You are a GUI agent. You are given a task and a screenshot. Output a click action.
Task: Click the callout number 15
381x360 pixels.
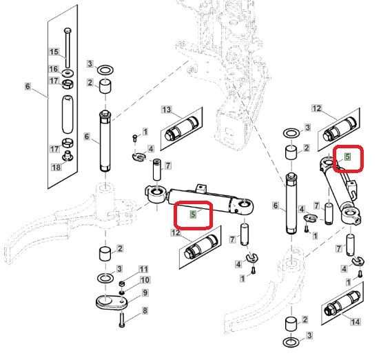coord(54,52)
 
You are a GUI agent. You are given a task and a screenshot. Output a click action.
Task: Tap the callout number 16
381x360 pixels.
coord(54,69)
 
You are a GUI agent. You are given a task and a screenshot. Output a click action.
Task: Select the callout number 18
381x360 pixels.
coord(56,167)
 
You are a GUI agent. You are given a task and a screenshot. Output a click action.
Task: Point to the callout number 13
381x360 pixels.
coord(167,110)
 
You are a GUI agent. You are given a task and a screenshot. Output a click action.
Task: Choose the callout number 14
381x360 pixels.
coord(355,322)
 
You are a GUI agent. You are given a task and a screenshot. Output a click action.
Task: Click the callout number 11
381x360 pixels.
coord(143,269)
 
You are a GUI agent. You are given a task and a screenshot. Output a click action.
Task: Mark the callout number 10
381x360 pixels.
coord(145,280)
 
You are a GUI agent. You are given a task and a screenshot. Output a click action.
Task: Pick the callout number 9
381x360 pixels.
coord(145,292)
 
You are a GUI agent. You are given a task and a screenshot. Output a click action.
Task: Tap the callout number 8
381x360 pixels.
coord(145,310)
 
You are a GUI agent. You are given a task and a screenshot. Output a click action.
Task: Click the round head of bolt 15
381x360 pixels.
coord(68,31)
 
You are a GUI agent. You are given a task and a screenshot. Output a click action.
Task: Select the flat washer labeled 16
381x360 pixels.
coord(68,72)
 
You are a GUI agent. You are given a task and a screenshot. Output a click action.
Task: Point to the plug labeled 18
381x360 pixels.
coord(68,155)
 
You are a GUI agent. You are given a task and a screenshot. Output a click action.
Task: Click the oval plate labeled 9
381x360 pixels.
coord(112,302)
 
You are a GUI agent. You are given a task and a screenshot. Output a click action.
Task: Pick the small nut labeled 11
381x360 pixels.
coord(122,284)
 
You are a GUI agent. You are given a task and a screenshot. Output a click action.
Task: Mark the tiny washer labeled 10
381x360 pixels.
coord(122,292)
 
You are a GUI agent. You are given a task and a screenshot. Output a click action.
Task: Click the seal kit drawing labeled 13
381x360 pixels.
coord(182,128)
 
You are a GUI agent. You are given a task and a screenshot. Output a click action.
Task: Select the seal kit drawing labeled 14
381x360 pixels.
coord(342,303)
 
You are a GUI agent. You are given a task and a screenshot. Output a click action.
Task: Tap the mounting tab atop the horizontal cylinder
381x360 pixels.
coord(201,188)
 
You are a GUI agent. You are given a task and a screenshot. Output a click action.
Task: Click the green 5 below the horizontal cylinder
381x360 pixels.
coord(193,214)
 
